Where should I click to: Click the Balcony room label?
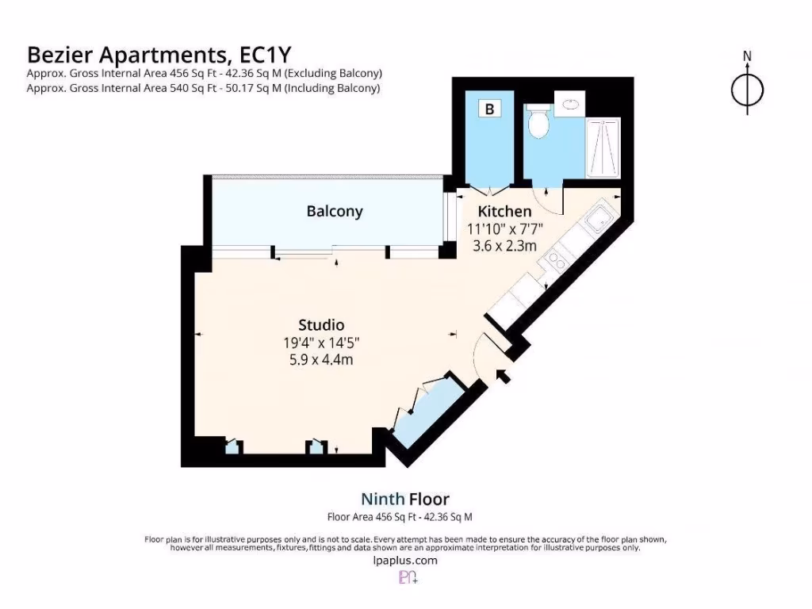tap(335, 212)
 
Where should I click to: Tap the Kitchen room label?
tap(504, 212)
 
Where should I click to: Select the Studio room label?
tap(321, 325)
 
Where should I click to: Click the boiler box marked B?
tap(489, 109)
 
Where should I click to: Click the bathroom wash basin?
tap(571, 102)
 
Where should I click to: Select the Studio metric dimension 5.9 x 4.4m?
tap(321, 359)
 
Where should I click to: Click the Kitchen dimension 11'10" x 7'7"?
tap(504, 229)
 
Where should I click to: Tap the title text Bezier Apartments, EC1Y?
tap(159, 54)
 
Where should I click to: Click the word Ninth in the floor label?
tap(383, 499)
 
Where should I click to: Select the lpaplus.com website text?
tap(404, 560)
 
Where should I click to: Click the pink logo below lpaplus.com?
tap(407, 578)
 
